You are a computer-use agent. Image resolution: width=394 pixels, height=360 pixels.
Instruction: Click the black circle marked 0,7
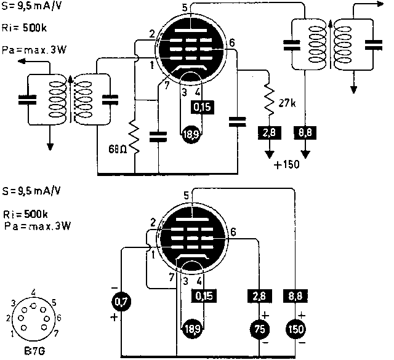(121, 301)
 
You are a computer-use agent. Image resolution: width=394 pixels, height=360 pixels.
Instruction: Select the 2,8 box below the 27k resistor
(267, 132)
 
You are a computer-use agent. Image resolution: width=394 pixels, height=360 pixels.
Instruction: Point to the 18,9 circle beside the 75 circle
(191, 328)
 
